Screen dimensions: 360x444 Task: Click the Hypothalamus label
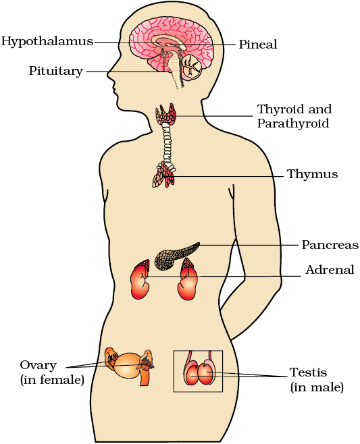pyautogui.click(x=47, y=41)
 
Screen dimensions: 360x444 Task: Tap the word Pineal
pyautogui.click(x=258, y=44)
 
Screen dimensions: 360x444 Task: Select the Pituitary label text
pyautogui.click(x=56, y=71)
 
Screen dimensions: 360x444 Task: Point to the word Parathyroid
pyautogui.click(x=293, y=123)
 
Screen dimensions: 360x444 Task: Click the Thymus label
pyautogui.click(x=313, y=174)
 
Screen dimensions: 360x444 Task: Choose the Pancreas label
pyautogui.click(x=330, y=245)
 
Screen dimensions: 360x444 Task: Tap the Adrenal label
pyautogui.click(x=330, y=270)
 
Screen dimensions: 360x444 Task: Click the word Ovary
pyautogui.click(x=38, y=365)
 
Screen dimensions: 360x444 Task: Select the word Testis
pyautogui.click(x=308, y=372)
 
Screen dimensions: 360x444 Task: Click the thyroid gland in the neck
pyautogui.click(x=166, y=114)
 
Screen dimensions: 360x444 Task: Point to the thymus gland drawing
pyautogui.click(x=164, y=175)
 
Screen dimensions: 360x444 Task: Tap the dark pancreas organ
pyautogui.click(x=176, y=256)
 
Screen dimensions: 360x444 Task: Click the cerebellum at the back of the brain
pyautogui.click(x=192, y=67)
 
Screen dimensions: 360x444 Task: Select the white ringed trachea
pyautogui.click(x=168, y=145)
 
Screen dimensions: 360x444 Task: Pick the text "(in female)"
pyautogui.click(x=52, y=379)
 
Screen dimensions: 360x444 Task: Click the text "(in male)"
pyautogui.click(x=317, y=387)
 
